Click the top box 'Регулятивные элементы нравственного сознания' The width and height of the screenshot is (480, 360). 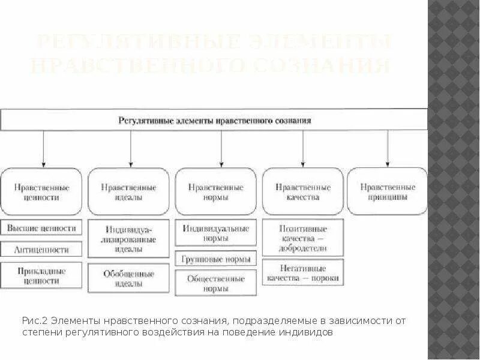pos(214,120)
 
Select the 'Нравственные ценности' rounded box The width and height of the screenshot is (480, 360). pos(42,191)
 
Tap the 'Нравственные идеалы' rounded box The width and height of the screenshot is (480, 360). pos(129,191)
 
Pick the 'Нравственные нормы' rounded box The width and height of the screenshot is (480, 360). pos(216,191)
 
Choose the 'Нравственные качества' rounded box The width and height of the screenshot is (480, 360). pos(303,191)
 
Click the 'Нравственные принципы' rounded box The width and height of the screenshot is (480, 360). pos(388,191)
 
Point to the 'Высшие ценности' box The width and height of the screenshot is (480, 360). pos(42,229)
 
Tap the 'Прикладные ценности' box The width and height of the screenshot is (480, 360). pos(42,275)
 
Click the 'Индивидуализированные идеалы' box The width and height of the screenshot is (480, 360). pos(129,239)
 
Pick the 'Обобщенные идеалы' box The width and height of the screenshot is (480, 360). pos(129,278)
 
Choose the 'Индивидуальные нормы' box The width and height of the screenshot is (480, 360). pos(216,233)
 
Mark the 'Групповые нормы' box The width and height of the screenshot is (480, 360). pos(216,259)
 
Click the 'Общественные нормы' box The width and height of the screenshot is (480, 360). pos(216,283)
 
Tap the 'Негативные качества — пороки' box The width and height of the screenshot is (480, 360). pos(303,273)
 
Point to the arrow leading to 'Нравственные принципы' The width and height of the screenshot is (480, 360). pos(388,148)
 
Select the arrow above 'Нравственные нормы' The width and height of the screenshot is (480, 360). pos(221,148)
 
